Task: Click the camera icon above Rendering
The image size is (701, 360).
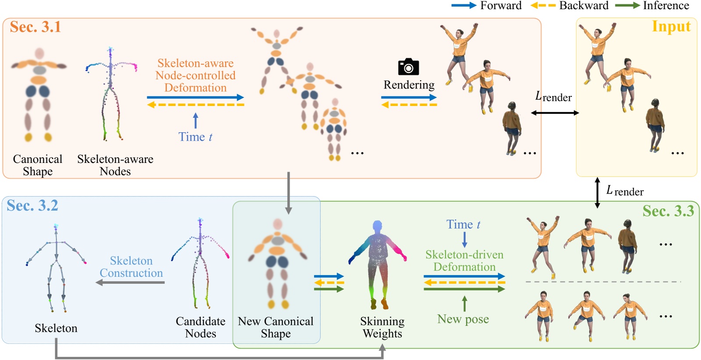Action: pyautogui.click(x=408, y=67)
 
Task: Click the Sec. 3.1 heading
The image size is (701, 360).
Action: pyautogui.click(x=35, y=27)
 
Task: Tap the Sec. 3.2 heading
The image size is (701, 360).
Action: pyautogui.click(x=32, y=205)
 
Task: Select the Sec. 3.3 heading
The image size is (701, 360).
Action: pyautogui.click(x=668, y=211)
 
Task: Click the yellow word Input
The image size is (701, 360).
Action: pyautogui.click(x=671, y=27)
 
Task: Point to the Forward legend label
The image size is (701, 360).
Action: pyautogui.click(x=500, y=5)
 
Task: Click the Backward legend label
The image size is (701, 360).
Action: pyautogui.click(x=584, y=5)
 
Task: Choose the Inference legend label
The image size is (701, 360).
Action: pyautogui.click(x=666, y=5)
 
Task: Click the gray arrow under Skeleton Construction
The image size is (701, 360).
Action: pyautogui.click(x=130, y=282)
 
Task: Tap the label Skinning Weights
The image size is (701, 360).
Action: pyautogui.click(x=382, y=327)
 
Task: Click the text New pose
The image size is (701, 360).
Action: pyautogui.click(x=463, y=319)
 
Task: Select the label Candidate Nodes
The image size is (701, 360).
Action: pyautogui.click(x=200, y=327)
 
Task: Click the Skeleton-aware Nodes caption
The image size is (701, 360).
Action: pyautogui.click(x=115, y=165)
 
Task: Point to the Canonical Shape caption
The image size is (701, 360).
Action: pyautogui.click(x=38, y=165)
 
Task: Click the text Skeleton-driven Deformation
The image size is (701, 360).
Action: pyautogui.click(x=464, y=261)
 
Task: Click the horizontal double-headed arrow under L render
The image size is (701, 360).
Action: pyautogui.click(x=555, y=113)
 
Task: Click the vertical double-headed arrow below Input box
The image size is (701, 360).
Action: pyautogui.click(x=597, y=192)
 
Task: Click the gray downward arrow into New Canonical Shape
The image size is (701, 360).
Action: pyautogui.click(x=288, y=193)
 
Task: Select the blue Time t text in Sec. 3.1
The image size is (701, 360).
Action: pyautogui.click(x=195, y=137)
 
